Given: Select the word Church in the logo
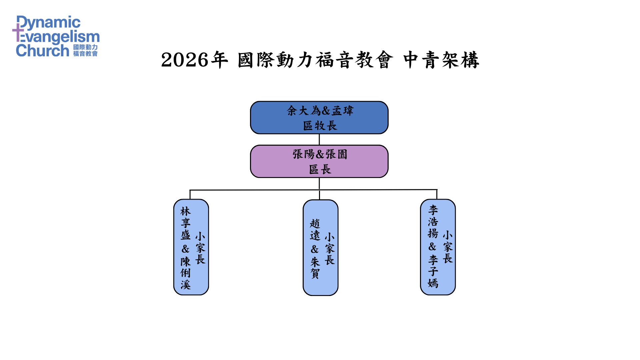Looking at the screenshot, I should pyautogui.click(x=43, y=51).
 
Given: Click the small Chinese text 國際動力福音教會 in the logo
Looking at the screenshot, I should pyautogui.click(x=85, y=50).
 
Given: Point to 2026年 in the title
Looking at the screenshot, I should pyautogui.click(x=194, y=60).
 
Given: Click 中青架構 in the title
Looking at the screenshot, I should pyautogui.click(x=441, y=60).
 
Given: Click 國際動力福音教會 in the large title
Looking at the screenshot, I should pyautogui.click(x=315, y=60).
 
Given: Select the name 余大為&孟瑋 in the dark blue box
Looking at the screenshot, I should pyautogui.click(x=320, y=111).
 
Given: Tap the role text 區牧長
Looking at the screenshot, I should pyautogui.click(x=320, y=126).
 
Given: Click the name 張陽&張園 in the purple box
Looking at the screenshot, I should pyautogui.click(x=320, y=154).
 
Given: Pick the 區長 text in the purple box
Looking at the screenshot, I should pyautogui.click(x=320, y=169).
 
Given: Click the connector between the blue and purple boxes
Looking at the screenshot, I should pyautogui.click(x=319, y=139).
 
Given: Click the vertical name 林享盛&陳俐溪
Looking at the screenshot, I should pyautogui.click(x=185, y=248).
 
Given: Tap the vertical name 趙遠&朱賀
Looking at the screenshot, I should pyautogui.click(x=315, y=249).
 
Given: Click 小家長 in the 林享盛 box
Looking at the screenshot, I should pyautogui.click(x=200, y=248).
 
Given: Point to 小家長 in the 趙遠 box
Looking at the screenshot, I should pyautogui.click(x=329, y=249).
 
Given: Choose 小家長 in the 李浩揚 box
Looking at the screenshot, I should pyautogui.click(x=447, y=247).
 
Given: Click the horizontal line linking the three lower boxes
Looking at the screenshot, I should pyautogui.click(x=253, y=190).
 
